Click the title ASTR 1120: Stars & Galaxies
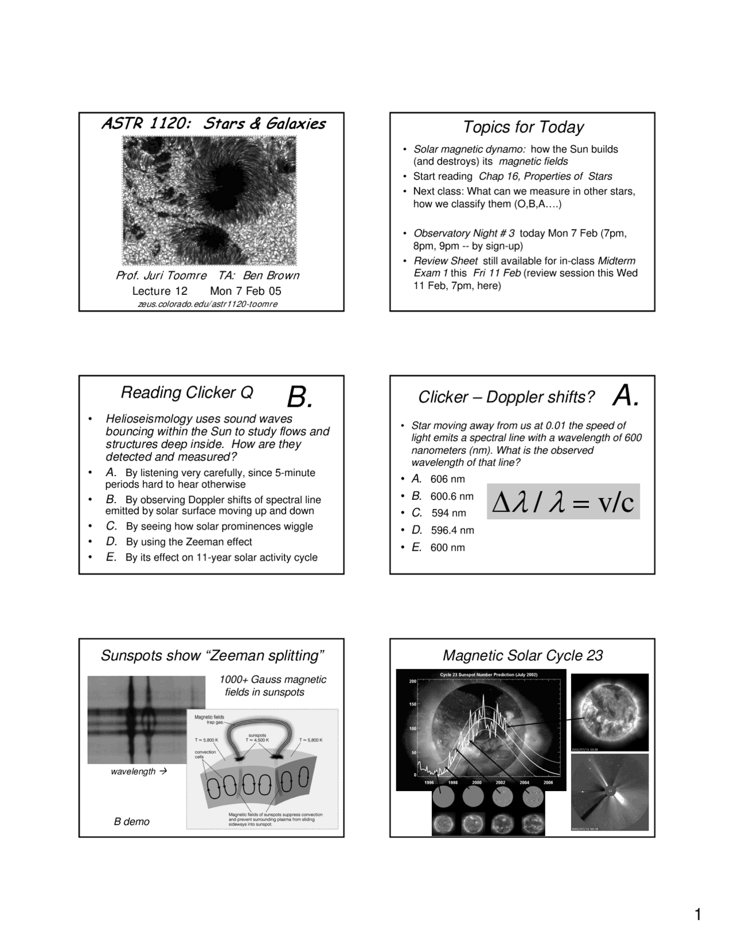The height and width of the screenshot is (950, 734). [x=213, y=124]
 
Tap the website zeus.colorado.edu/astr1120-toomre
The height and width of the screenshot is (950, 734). [x=208, y=304]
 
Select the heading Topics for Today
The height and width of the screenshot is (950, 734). [x=522, y=127]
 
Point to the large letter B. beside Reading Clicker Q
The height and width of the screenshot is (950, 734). [x=299, y=396]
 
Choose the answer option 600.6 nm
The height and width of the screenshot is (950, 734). [x=452, y=496]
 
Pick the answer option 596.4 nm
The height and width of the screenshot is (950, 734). [x=452, y=531]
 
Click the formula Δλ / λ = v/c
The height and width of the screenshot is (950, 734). [x=563, y=502]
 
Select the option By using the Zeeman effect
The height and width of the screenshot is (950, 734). [x=189, y=542]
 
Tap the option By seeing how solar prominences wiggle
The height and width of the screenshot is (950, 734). [x=219, y=527]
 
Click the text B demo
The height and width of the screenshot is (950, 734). [x=131, y=822]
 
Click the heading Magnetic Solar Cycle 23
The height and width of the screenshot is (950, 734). [x=522, y=656]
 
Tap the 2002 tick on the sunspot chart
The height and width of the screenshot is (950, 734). [x=500, y=782]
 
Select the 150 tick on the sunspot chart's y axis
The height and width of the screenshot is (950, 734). [x=412, y=704]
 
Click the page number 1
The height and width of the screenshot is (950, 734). [x=697, y=915]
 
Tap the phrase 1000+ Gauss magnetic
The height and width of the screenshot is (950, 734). [x=272, y=680]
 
